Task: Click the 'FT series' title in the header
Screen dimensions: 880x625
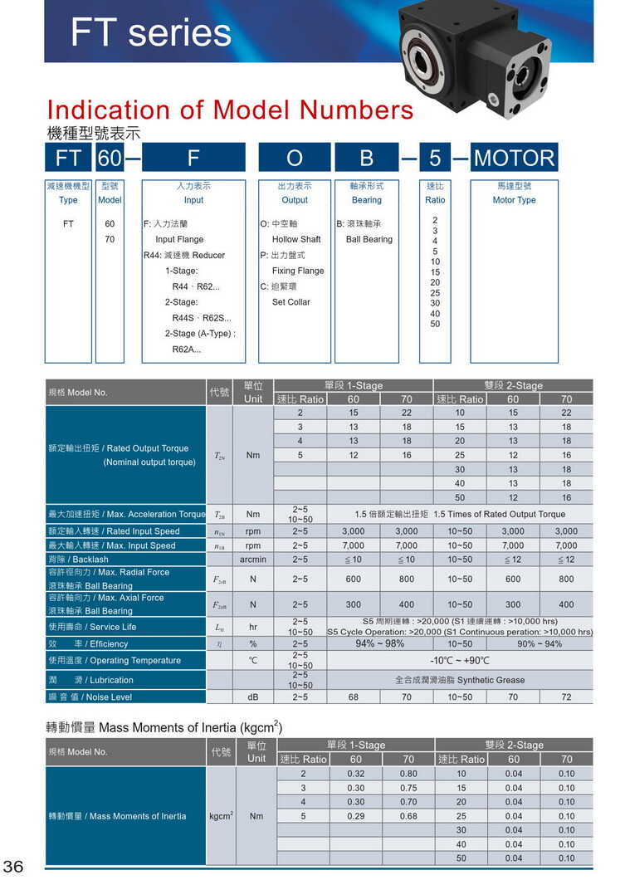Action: click(x=150, y=33)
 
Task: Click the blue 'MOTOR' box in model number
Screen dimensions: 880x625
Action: click(x=514, y=158)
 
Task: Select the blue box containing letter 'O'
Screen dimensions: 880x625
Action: click(x=295, y=158)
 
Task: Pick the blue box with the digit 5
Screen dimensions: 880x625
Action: click(x=435, y=158)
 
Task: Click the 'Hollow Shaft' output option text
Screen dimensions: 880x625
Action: click(x=296, y=239)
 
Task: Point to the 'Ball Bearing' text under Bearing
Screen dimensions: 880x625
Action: click(x=369, y=239)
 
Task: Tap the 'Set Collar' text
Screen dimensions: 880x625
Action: click(x=291, y=302)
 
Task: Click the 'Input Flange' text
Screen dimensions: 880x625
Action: click(x=179, y=239)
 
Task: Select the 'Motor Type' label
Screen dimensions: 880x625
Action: click(x=514, y=200)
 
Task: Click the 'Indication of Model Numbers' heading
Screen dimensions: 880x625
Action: click(x=230, y=110)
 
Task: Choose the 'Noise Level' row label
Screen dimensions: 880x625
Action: click(x=89, y=697)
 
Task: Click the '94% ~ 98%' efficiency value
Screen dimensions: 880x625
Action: click(x=379, y=643)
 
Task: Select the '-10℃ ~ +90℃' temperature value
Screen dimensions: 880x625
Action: click(x=459, y=661)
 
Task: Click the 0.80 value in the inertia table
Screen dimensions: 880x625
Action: click(x=408, y=774)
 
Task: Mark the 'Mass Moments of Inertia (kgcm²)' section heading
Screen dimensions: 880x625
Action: click(x=164, y=727)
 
